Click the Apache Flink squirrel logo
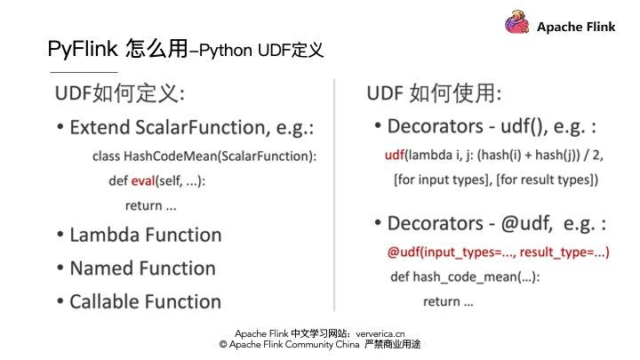(x=517, y=24)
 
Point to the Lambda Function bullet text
(x=146, y=236)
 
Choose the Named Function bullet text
(x=142, y=268)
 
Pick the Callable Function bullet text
(x=145, y=301)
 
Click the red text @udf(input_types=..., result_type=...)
(x=498, y=252)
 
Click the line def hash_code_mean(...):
(x=466, y=276)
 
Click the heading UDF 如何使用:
(x=434, y=94)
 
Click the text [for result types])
(x=543, y=180)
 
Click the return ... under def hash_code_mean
(x=448, y=301)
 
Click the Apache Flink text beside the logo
(x=576, y=27)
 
